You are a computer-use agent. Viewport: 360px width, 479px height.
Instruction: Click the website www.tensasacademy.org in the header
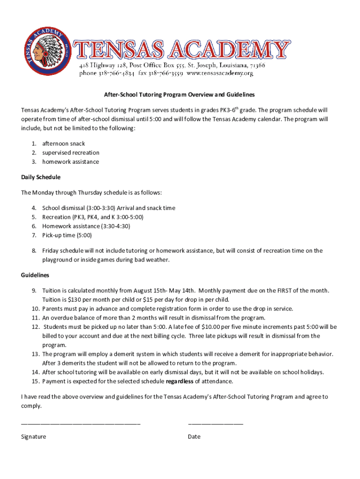coord(220,73)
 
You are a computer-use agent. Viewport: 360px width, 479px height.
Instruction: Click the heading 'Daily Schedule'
coord(41,177)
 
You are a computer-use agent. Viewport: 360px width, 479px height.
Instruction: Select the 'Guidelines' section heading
coord(35,275)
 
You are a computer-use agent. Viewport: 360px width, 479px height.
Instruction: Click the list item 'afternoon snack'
coord(64,144)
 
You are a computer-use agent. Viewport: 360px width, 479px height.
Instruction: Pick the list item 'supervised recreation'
coord(71,152)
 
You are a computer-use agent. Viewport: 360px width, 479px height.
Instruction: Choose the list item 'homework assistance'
coord(71,162)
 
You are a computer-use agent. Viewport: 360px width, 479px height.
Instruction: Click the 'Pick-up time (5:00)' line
coord(67,235)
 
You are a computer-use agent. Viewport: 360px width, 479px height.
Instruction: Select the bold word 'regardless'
coord(180,381)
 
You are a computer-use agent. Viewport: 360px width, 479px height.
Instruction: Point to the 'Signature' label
coord(34,436)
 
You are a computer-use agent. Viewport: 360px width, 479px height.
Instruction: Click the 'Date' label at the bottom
coord(194,436)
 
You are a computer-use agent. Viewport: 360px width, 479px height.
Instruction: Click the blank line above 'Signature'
coord(80,423)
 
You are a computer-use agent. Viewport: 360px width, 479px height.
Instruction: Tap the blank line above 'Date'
coord(216,423)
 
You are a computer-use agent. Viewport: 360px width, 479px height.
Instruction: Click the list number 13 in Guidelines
coord(36,354)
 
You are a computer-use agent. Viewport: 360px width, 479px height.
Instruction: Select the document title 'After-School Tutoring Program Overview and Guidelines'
coord(179,94)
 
